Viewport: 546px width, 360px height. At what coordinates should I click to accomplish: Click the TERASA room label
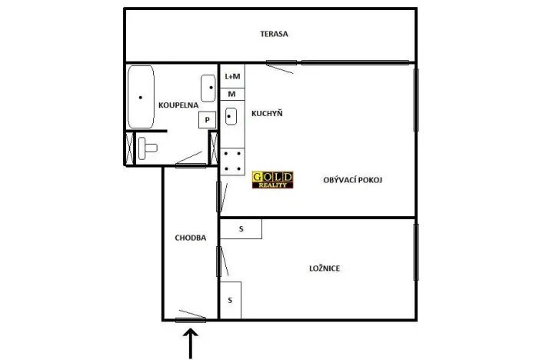[x=274, y=34]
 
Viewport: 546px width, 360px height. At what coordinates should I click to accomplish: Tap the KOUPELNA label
[x=178, y=105]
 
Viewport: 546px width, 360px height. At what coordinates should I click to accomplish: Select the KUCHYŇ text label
[x=267, y=114]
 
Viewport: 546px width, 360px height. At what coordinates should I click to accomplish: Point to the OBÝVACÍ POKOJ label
[x=354, y=179]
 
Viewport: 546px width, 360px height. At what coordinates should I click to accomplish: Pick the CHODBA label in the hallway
[x=190, y=238]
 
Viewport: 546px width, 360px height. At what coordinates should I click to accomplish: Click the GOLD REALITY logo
[x=271, y=180]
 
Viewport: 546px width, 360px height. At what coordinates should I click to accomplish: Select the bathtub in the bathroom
[x=141, y=98]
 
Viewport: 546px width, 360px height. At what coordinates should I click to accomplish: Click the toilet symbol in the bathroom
[x=148, y=146]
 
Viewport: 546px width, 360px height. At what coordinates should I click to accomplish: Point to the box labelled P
[x=207, y=119]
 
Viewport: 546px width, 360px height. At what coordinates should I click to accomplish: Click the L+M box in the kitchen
[x=232, y=77]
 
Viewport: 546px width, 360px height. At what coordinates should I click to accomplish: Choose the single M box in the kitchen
[x=232, y=93]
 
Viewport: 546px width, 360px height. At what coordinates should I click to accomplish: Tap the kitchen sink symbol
[x=232, y=117]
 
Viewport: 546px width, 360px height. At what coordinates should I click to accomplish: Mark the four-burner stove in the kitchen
[x=233, y=162]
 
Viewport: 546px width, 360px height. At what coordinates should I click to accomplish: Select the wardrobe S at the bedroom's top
[x=241, y=228]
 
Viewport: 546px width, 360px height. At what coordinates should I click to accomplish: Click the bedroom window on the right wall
[x=416, y=252]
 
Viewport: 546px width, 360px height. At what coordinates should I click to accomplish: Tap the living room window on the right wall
[x=416, y=100]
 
